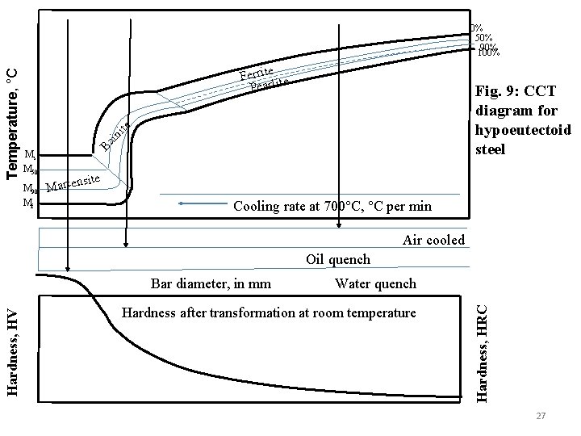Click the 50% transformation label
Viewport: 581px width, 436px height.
pos(485,37)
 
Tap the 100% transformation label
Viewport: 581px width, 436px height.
pos(487,53)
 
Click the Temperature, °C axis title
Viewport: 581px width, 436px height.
pos(11,121)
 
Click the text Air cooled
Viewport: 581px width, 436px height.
pos(433,240)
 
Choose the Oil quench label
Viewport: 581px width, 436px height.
pos(338,259)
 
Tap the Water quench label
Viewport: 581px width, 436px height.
pos(375,283)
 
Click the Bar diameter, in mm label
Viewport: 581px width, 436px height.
pos(211,283)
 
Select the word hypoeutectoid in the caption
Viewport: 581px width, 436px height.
pos(524,132)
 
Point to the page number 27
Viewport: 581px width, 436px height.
pos(541,415)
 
